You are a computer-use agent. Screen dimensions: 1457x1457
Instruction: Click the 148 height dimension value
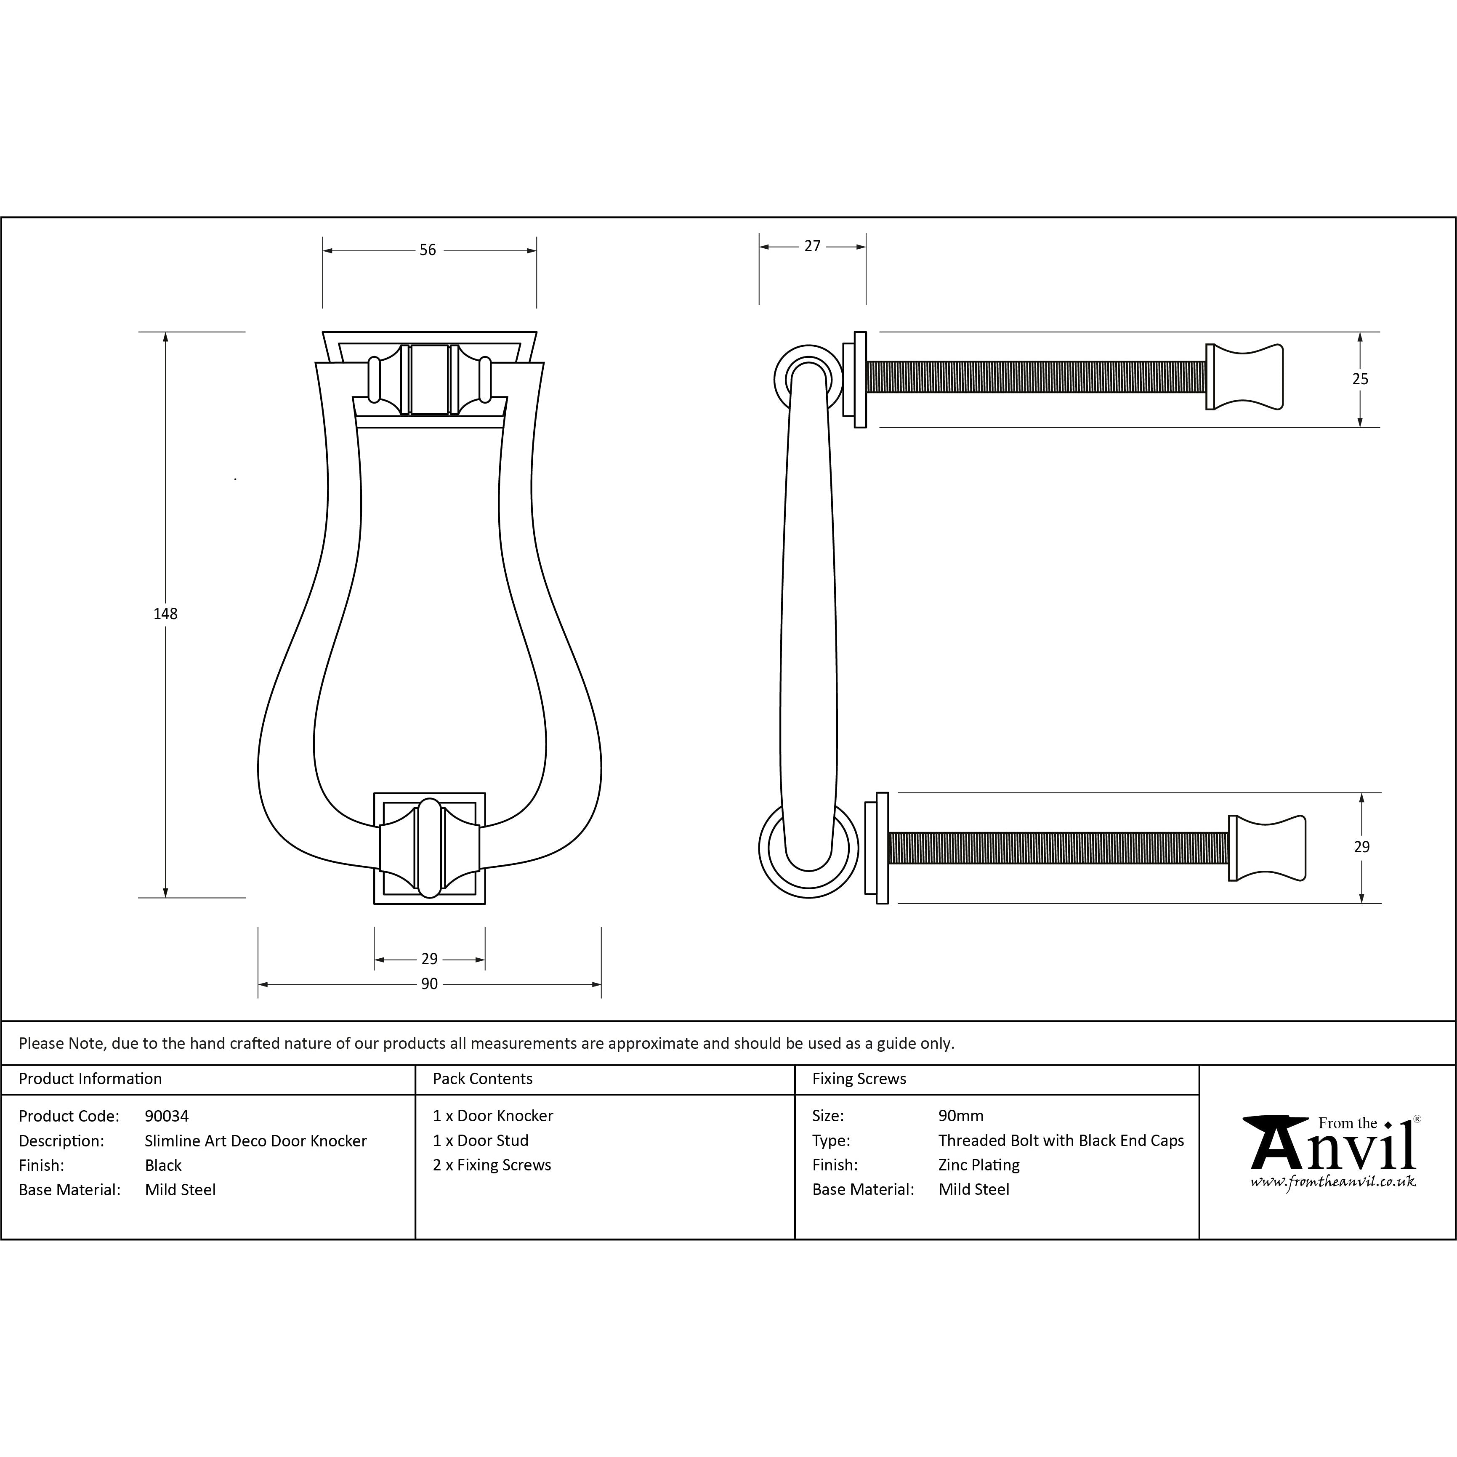(165, 614)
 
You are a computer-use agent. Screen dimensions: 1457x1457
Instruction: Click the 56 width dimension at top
(428, 250)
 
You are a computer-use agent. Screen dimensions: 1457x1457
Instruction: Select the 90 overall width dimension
(429, 984)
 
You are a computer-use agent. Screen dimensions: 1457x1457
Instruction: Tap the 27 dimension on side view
(812, 247)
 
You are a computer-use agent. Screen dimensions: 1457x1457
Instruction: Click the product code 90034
(167, 1116)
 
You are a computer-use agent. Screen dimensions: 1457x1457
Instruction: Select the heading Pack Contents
(483, 1079)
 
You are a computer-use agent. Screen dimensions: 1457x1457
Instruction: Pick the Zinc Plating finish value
(979, 1165)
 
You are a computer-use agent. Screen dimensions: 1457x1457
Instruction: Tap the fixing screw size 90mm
(961, 1116)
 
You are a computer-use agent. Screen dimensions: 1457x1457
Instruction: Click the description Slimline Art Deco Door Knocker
(255, 1141)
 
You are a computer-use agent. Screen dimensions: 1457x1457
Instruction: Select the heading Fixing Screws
(859, 1079)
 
